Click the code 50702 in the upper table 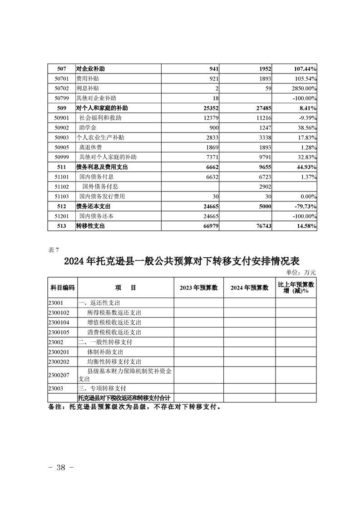(x=61, y=88)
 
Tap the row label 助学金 (x=89, y=128)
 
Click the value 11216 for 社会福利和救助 (x=262, y=118)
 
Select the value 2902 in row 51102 (x=263, y=186)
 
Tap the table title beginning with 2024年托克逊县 (x=181, y=262)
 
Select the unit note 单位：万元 (x=301, y=272)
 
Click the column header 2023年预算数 (x=198, y=288)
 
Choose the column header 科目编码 (x=62, y=288)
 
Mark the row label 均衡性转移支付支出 (x=114, y=362)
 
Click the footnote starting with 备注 (x=134, y=407)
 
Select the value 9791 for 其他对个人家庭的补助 (x=263, y=157)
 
